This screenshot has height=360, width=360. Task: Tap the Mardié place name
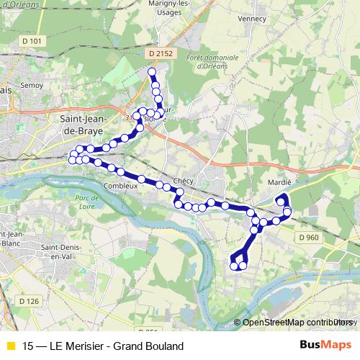click(x=278, y=182)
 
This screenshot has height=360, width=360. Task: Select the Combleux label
click(x=120, y=185)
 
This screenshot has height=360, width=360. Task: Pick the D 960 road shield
click(x=307, y=236)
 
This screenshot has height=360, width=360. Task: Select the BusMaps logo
click(x=325, y=346)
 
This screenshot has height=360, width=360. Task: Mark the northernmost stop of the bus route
click(x=151, y=72)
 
